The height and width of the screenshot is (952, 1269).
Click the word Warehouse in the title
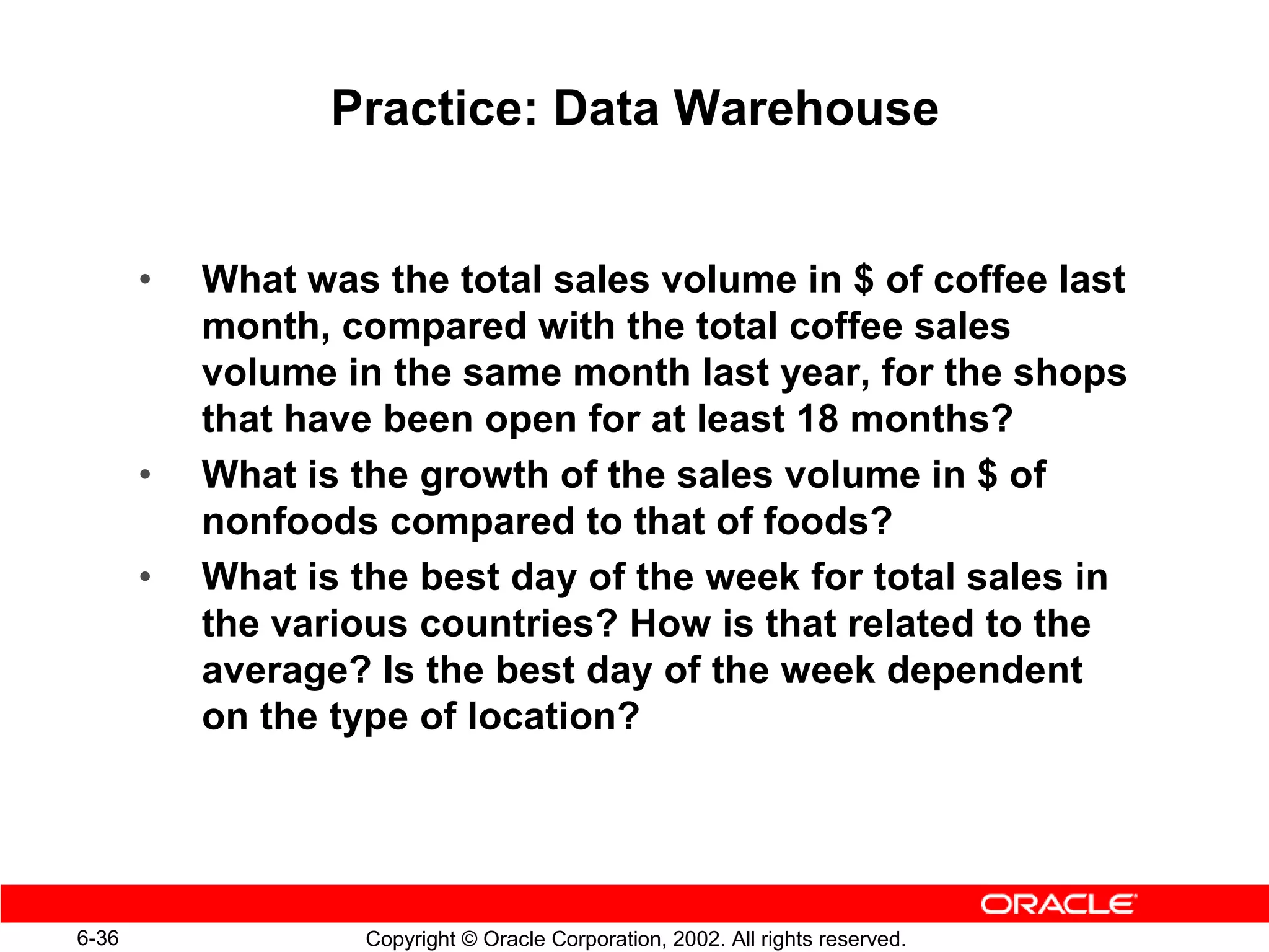coord(806,108)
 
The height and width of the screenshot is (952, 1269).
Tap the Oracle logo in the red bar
coord(1058,904)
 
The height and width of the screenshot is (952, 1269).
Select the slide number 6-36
coord(98,938)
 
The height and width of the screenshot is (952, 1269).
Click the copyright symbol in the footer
coord(469,939)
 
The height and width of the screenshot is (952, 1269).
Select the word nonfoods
coord(290,521)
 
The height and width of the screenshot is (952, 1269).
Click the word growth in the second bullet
coord(484,476)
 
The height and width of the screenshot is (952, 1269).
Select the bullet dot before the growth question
coord(145,475)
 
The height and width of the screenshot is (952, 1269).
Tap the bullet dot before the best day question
coord(145,578)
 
